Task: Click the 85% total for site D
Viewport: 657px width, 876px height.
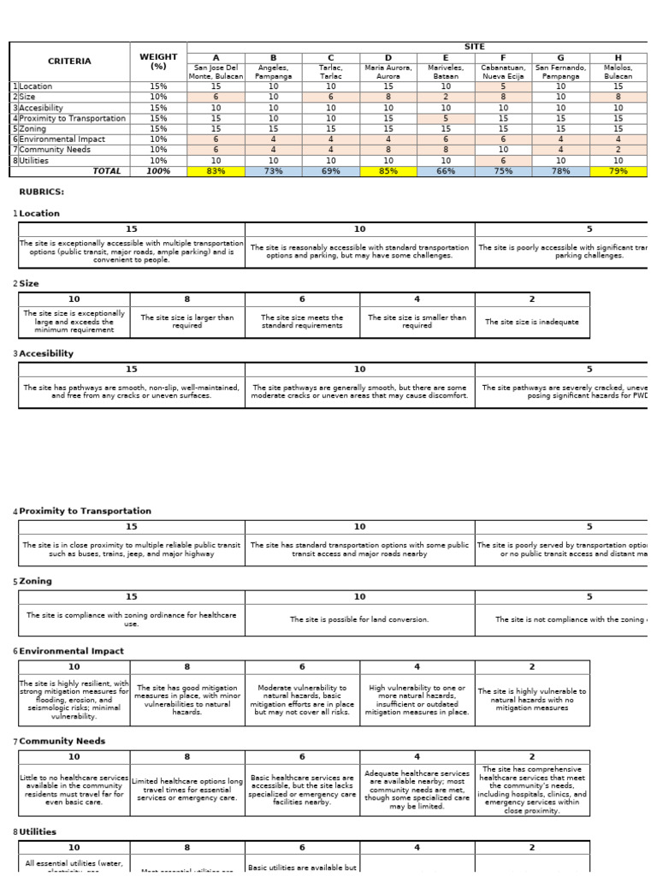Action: pos(388,171)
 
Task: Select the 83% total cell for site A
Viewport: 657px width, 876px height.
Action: pos(216,171)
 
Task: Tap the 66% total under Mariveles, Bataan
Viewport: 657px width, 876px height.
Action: pos(446,171)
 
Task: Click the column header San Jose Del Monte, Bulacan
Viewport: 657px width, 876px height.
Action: pos(216,71)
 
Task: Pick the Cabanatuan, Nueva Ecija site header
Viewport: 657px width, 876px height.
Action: pos(503,71)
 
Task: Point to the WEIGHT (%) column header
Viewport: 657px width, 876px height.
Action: pos(158,62)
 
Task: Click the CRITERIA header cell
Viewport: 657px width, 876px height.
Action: pos(69,62)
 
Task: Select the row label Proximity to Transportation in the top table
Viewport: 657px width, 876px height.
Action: pos(72,118)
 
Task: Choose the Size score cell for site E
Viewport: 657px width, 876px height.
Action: pos(446,98)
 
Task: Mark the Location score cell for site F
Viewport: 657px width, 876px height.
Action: pos(503,86)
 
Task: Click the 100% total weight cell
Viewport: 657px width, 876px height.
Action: pos(158,171)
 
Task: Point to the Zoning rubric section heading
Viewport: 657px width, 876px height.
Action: pos(35,581)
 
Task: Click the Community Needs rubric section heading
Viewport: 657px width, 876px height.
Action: pos(56,741)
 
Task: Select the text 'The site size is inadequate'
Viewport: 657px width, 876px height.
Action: pos(531,322)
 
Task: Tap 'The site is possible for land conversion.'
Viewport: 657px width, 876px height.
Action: pos(359,619)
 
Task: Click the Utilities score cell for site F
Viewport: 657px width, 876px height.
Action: pos(503,160)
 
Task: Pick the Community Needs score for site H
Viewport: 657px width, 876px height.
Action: pos(618,150)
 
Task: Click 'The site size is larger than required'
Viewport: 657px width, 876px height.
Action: pos(186,322)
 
